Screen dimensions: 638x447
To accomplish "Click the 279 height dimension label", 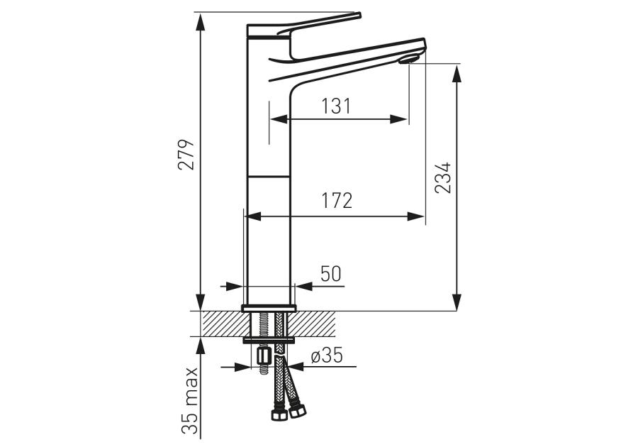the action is (186, 155).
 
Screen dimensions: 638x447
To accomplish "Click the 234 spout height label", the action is (443, 177).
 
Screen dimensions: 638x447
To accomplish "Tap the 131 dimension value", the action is (336, 106).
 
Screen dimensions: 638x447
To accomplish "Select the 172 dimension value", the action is (337, 200).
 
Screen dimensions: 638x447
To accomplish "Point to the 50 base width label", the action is (331, 274).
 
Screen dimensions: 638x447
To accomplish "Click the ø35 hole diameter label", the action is (327, 355).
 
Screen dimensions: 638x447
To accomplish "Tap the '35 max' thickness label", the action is (189, 401).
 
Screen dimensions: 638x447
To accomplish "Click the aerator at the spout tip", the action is (408, 60).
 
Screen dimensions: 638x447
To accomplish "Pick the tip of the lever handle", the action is (359, 16).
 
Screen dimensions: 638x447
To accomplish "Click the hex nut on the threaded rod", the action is (264, 357).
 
